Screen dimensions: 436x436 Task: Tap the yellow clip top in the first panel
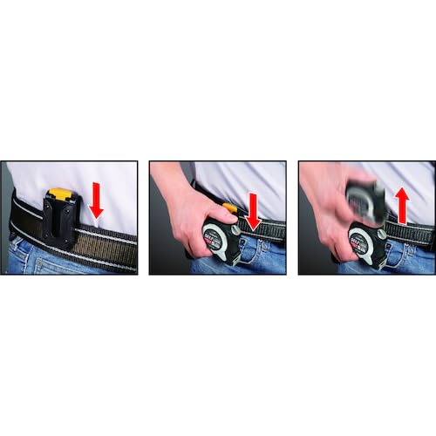pos(58,194)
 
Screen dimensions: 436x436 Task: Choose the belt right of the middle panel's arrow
pos(274,230)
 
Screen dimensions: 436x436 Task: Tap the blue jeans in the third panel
pos(410,260)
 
